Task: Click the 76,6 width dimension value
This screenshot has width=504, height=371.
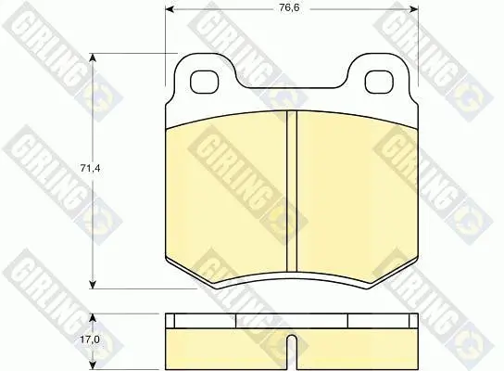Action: [289, 7]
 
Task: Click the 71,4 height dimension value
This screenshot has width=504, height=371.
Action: [90, 168]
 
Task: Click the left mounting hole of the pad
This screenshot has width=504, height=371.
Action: [205, 82]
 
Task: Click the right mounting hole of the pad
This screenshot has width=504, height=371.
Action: [379, 82]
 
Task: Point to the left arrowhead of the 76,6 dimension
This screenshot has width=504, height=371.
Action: [170, 9]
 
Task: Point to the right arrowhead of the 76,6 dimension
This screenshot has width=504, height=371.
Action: [414, 9]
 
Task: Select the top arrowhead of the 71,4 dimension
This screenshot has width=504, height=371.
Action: [93, 58]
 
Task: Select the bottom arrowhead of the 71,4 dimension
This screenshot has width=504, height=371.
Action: [93, 285]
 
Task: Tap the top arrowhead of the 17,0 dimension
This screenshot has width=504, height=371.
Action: [93, 318]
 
